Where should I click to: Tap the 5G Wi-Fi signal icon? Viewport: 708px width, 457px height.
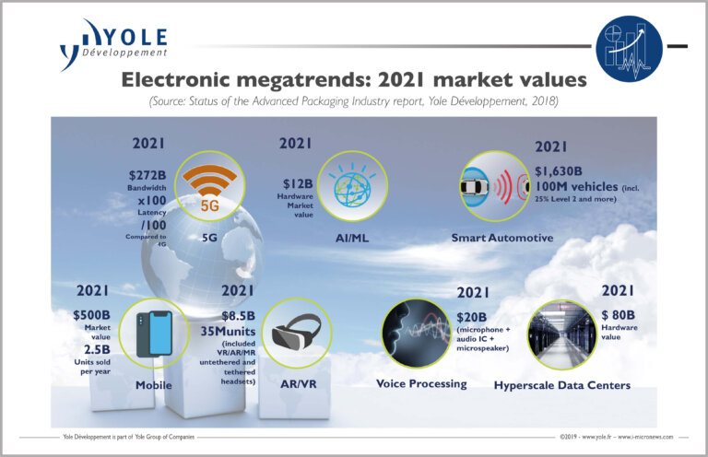(x=209, y=180)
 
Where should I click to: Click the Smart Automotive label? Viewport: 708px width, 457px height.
(x=501, y=238)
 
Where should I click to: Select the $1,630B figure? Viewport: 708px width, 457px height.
(x=563, y=171)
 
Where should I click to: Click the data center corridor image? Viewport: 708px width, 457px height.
(x=561, y=335)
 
